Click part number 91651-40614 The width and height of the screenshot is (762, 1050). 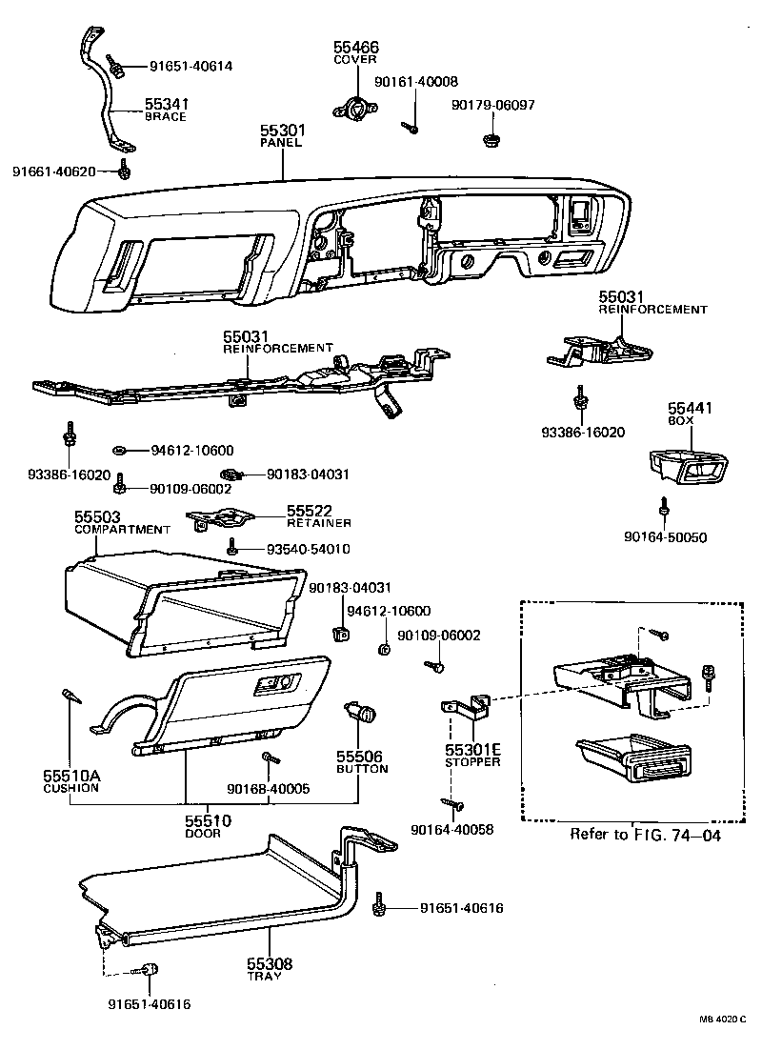tap(190, 66)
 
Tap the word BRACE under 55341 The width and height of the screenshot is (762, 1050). tap(165, 117)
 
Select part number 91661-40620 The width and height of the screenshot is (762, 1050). tap(54, 172)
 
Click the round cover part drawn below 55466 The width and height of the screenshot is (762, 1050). tap(354, 108)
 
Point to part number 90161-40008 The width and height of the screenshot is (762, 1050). tap(416, 82)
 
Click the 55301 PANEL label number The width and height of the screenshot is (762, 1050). tap(282, 130)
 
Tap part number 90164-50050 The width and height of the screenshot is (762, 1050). tap(666, 537)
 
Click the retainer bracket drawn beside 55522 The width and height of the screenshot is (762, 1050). tap(221, 518)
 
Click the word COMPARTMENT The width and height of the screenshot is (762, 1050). tap(122, 529)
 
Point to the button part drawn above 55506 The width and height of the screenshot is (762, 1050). tap(362, 711)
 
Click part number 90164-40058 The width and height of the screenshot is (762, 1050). tap(452, 830)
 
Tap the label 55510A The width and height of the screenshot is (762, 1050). tap(70, 776)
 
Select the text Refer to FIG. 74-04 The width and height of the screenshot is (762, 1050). tap(645, 835)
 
